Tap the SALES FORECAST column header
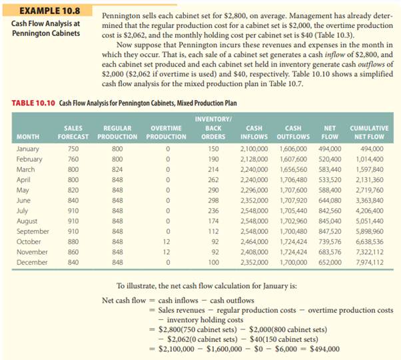pos(73,131)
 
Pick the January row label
pos(27,149)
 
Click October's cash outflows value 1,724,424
pos(292,241)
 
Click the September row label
pos(31,231)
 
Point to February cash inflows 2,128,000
pos(254,159)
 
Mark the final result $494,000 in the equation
pos(322,348)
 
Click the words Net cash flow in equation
pos(123,300)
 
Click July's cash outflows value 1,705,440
pos(292,211)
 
